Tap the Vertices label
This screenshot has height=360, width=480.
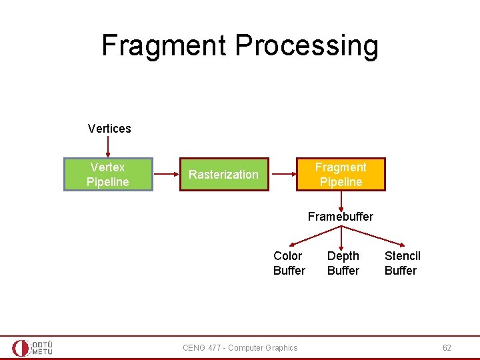(x=109, y=128)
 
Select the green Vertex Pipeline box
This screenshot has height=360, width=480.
(x=108, y=174)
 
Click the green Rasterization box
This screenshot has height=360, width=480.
(x=223, y=175)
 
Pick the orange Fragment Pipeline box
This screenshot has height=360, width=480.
(x=341, y=174)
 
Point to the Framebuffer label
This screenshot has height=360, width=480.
(x=341, y=217)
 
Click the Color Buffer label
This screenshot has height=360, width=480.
(x=289, y=263)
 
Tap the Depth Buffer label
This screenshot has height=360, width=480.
(x=343, y=263)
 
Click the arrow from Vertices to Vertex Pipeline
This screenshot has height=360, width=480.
(x=108, y=147)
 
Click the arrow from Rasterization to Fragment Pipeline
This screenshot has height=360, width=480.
(x=283, y=174)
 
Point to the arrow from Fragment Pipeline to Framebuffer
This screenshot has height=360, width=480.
(x=341, y=200)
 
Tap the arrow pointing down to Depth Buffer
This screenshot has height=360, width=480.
(x=341, y=238)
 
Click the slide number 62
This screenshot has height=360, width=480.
(x=447, y=347)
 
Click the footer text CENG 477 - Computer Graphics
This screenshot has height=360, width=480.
(x=240, y=347)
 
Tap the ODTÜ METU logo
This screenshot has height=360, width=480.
(x=32, y=347)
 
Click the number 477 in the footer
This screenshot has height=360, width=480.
(x=215, y=347)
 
